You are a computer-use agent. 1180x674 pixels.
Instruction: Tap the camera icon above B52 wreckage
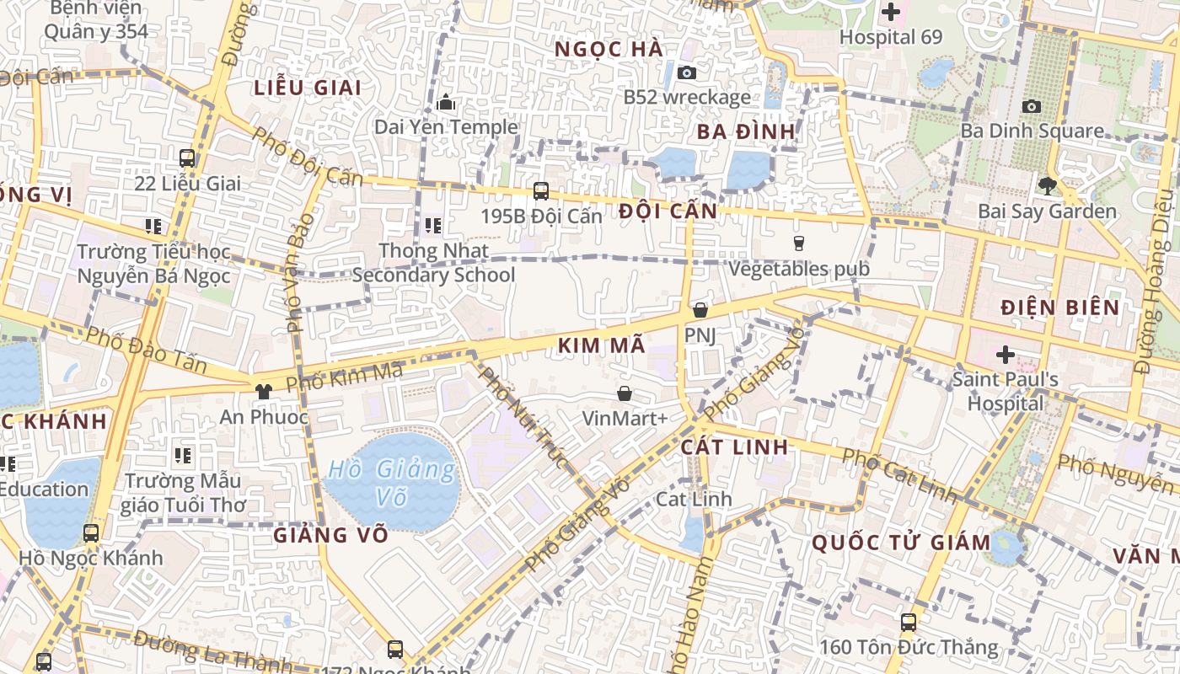pos(687,72)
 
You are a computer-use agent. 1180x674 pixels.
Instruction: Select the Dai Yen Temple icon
pos(446,103)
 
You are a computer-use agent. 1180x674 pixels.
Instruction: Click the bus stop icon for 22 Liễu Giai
pos(187,158)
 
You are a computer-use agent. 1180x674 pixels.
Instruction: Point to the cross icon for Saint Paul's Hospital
pos(1005,354)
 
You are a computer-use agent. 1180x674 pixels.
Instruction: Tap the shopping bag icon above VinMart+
pos(625,393)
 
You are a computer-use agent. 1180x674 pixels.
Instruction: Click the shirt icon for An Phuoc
pos(264,391)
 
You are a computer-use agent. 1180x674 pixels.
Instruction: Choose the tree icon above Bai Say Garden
pos(1047,185)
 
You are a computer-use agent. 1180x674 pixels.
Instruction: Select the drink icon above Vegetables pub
pos(799,243)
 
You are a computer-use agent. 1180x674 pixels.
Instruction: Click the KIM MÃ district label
pos(601,345)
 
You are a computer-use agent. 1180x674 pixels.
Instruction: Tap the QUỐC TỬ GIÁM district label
pos(901,543)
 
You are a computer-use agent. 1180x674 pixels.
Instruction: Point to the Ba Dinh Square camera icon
pos(1031,106)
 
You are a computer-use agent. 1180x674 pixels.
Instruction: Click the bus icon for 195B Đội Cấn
pos(541,191)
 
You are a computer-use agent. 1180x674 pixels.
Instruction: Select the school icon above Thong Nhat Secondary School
pos(433,225)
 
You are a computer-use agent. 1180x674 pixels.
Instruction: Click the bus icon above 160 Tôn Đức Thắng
pos(908,623)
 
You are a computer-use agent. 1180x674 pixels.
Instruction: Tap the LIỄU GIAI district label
pos(307,88)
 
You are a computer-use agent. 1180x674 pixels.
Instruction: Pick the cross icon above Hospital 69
pos(890,12)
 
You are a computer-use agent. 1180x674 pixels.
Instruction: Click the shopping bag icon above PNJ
pos(700,310)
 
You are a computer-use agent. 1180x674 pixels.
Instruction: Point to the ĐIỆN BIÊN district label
pos(1059,308)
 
